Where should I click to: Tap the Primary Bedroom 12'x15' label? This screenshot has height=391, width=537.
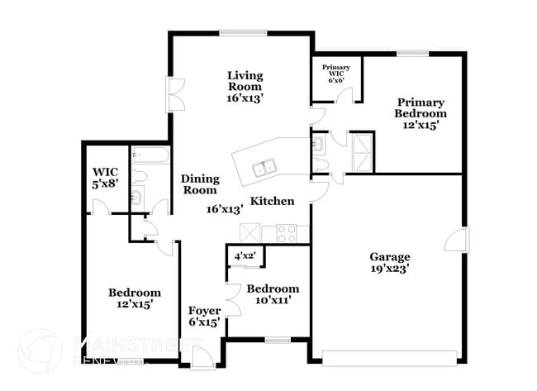(420, 114)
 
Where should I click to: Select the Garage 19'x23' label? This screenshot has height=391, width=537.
(390, 262)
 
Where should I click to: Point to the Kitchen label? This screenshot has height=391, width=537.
(272, 201)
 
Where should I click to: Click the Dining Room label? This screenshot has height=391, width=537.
(199, 184)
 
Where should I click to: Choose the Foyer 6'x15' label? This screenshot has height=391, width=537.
(203, 317)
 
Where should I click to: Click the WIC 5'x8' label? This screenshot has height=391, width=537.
(107, 178)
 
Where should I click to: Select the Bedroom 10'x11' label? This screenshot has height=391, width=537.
(273, 295)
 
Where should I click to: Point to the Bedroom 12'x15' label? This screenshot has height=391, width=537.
(135, 298)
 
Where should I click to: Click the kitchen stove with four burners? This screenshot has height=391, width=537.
(288, 233)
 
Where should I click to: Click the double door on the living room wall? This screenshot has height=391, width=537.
(176, 96)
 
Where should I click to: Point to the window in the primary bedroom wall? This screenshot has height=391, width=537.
(412, 54)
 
